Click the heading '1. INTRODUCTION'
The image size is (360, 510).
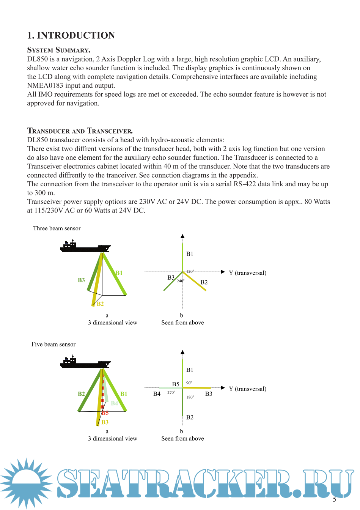(71, 36)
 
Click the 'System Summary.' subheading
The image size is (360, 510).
(58, 50)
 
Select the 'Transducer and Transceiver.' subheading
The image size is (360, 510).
(80, 131)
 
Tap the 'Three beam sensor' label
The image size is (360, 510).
(57, 228)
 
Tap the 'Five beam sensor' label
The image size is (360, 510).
(53, 345)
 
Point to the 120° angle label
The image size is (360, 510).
(190, 271)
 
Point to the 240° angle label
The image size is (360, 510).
(181, 281)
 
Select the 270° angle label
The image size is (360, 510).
(171, 393)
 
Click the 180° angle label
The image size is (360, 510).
(190, 397)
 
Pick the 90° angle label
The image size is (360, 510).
(189, 383)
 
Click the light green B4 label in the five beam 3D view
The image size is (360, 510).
(114, 403)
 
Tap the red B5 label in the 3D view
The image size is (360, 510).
(105, 413)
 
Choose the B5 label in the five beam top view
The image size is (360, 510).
(176, 384)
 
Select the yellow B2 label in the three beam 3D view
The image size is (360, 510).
(100, 304)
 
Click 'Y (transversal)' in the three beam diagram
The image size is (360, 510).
(247, 273)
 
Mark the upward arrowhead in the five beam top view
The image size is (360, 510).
(182, 352)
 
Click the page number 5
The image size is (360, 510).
(335, 499)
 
